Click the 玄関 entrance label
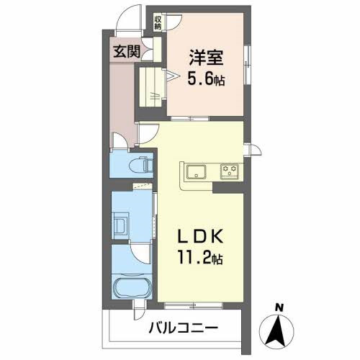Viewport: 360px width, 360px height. pyautogui.click(x=125, y=51)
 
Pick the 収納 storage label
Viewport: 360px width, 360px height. pyautogui.click(x=157, y=23)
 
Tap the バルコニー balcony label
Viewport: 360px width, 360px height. pyautogui.click(x=184, y=328)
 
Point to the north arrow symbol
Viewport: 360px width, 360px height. pyautogui.click(x=279, y=330)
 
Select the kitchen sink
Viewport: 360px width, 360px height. pyautogui.click(x=196, y=171)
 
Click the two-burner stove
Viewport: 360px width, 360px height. pyautogui.click(x=230, y=171)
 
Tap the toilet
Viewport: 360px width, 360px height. pyautogui.click(x=145, y=165)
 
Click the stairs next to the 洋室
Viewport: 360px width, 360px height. pyautogui.click(x=153, y=86)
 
